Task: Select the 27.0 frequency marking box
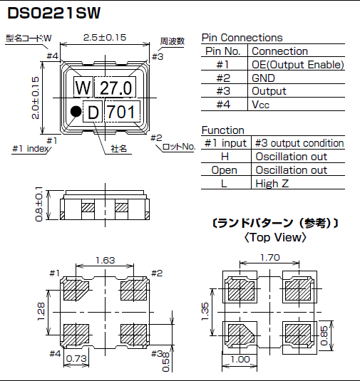point(115,88)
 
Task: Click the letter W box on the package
point(83,88)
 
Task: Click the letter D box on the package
point(93,111)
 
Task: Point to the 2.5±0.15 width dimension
point(105,37)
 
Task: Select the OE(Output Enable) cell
point(297,64)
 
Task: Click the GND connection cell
point(264,78)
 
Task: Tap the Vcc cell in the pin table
point(262,104)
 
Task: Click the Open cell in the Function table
point(225,170)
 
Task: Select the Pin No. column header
point(225,51)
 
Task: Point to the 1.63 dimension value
point(105,261)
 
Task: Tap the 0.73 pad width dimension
point(76,359)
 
